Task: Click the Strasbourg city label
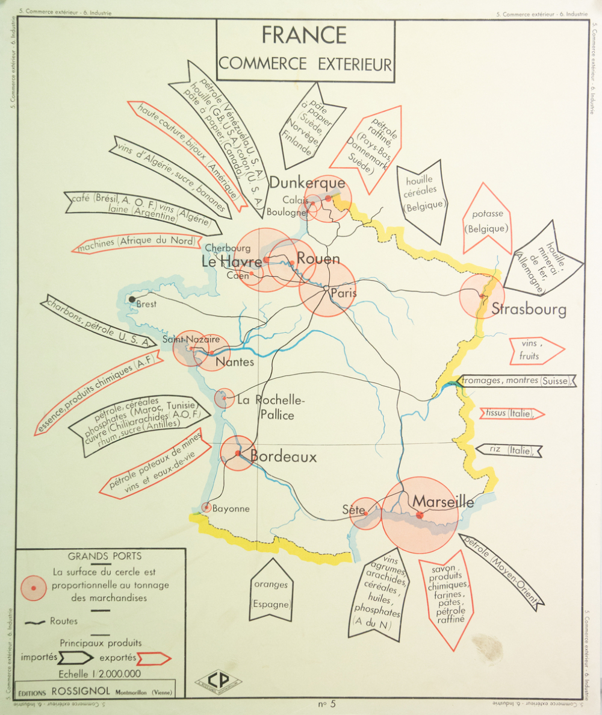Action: click(x=529, y=310)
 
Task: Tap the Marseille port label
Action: click(x=443, y=501)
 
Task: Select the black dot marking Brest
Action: click(x=132, y=299)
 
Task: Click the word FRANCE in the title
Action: click(x=304, y=35)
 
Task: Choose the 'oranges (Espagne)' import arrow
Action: click(x=271, y=593)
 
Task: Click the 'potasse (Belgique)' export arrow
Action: click(x=487, y=220)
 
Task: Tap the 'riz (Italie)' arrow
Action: click(x=509, y=450)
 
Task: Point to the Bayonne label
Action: click(x=231, y=508)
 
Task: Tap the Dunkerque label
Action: click(x=307, y=183)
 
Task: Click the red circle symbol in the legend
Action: click(x=34, y=587)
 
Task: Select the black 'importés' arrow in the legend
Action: click(x=76, y=657)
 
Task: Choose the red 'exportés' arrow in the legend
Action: click(x=154, y=658)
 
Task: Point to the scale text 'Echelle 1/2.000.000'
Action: click(x=100, y=674)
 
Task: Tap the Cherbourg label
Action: click(x=228, y=248)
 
